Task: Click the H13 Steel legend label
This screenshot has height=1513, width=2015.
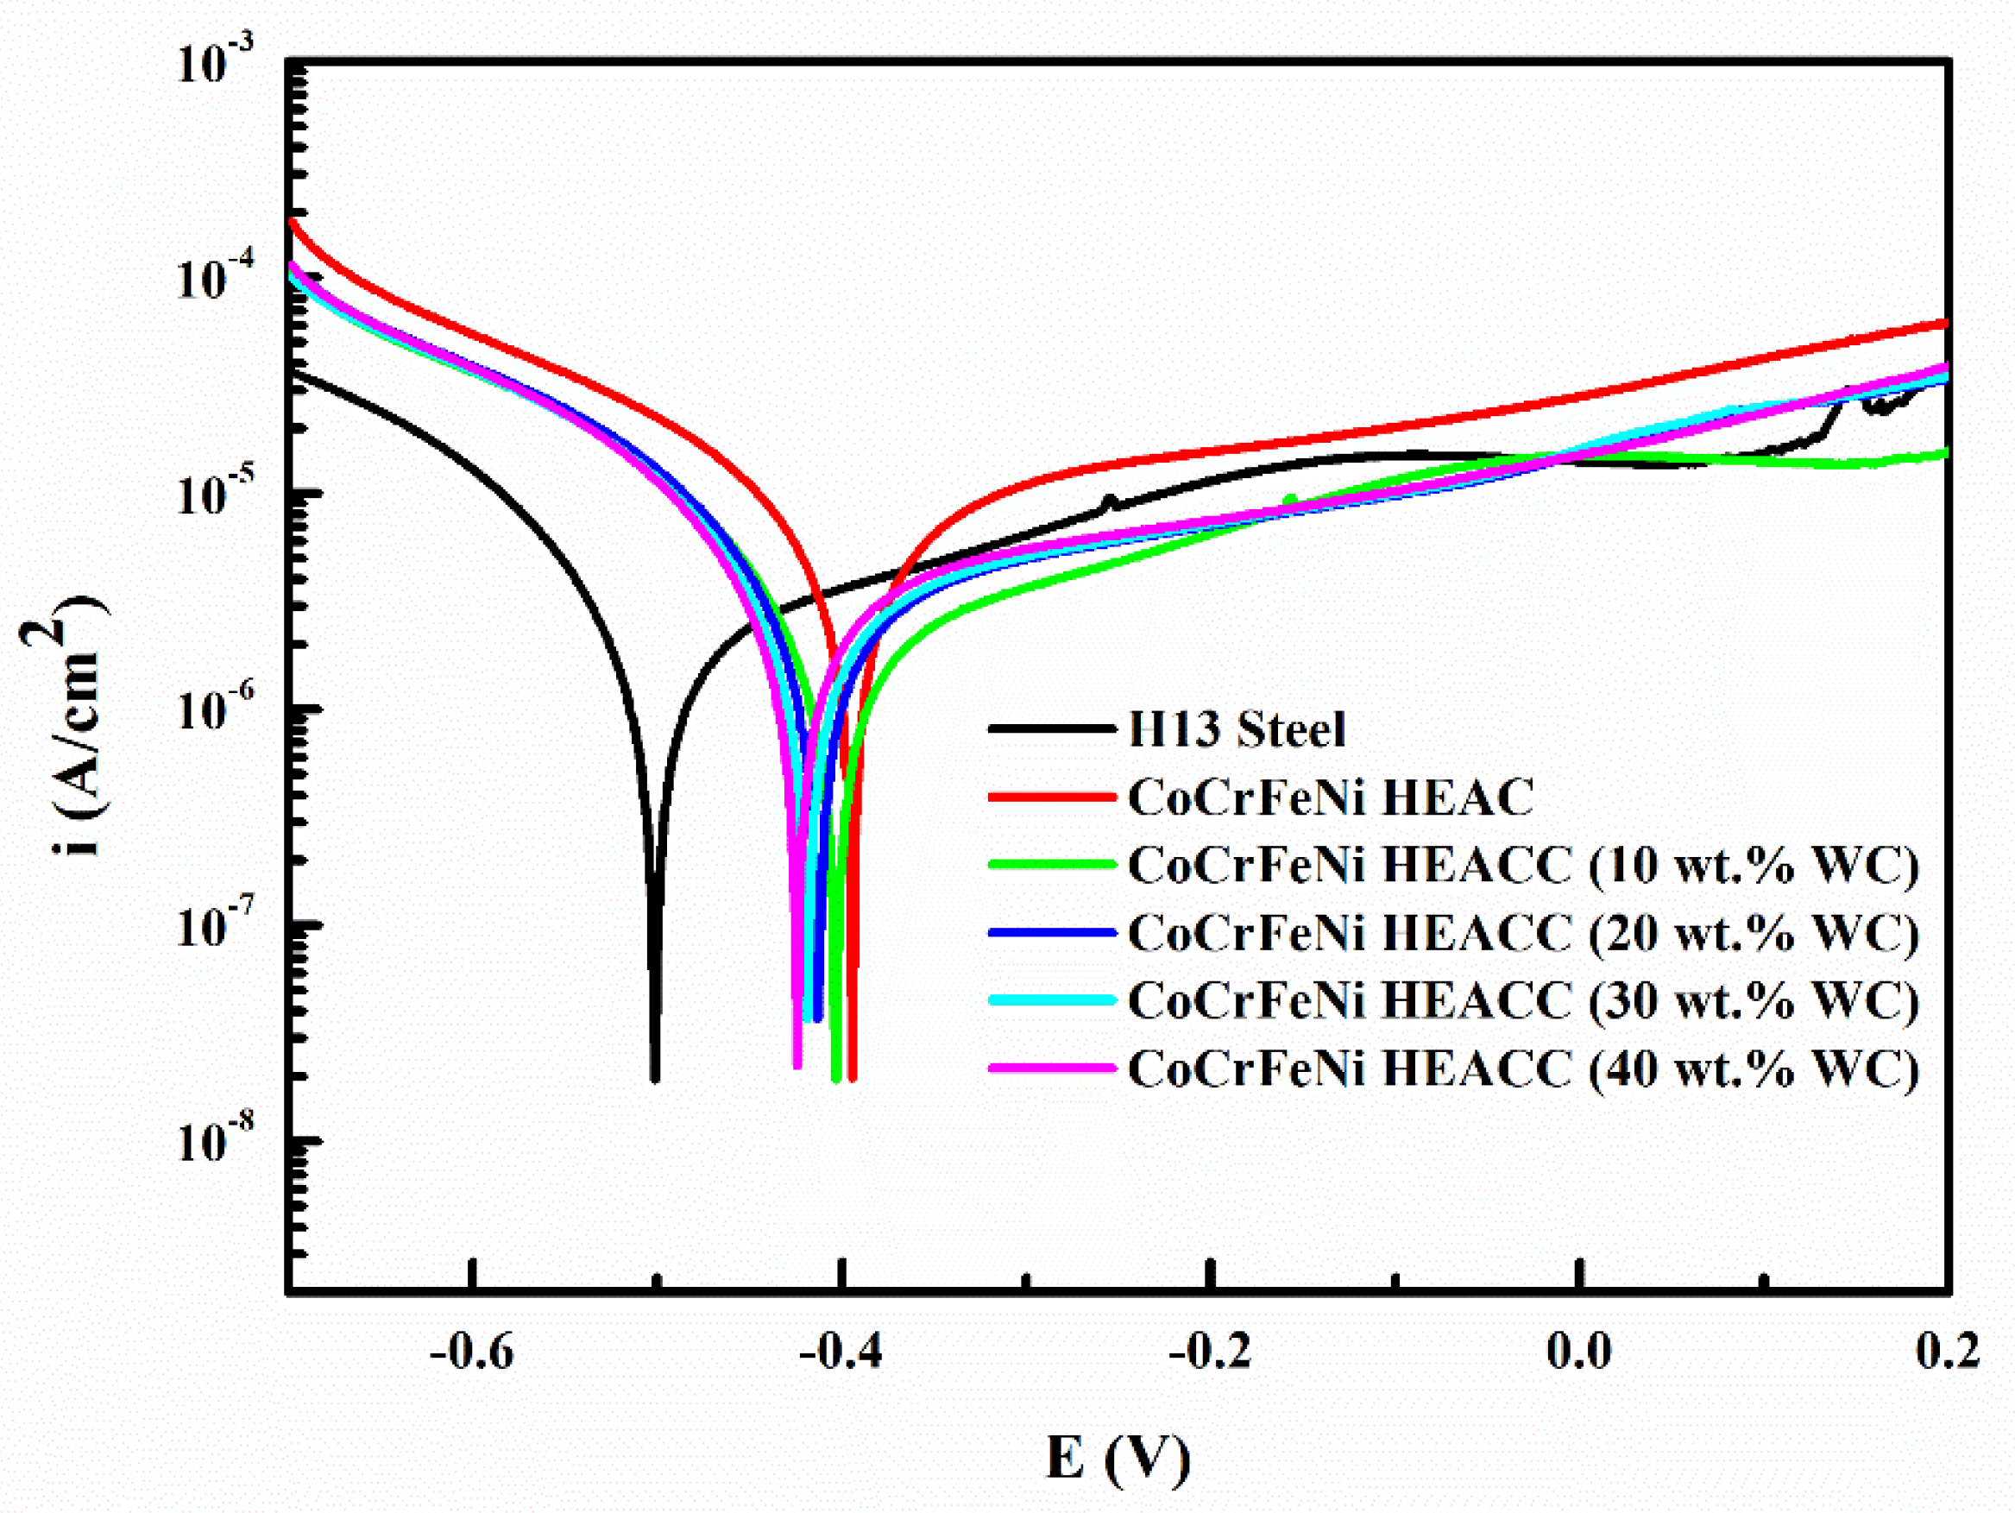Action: (1235, 729)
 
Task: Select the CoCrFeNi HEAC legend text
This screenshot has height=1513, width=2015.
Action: (1330, 797)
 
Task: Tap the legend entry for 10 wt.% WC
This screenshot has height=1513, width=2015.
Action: (1523, 865)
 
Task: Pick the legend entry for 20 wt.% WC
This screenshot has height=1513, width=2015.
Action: (1523, 932)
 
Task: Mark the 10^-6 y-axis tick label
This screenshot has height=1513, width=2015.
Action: (215, 710)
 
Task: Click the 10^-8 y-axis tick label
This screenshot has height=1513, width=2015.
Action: (215, 1142)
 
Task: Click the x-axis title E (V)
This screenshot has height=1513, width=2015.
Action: (1118, 1458)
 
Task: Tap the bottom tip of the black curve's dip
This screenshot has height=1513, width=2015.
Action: (654, 1079)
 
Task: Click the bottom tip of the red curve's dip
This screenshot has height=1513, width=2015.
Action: (852, 1079)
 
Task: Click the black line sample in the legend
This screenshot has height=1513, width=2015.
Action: (1052, 728)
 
